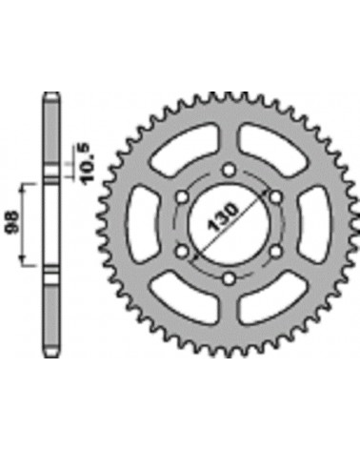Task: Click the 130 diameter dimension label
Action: pyautogui.click(x=223, y=217)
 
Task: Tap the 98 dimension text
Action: pyautogui.click(x=12, y=223)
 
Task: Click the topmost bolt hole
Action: pyautogui.click(x=229, y=171)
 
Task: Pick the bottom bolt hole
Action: pyautogui.click(x=229, y=278)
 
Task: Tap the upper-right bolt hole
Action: pyautogui.click(x=275, y=197)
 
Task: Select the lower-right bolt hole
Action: pyautogui.click(x=275, y=252)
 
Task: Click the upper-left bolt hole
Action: pyautogui.click(x=182, y=197)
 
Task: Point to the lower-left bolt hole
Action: pyautogui.click(x=182, y=252)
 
